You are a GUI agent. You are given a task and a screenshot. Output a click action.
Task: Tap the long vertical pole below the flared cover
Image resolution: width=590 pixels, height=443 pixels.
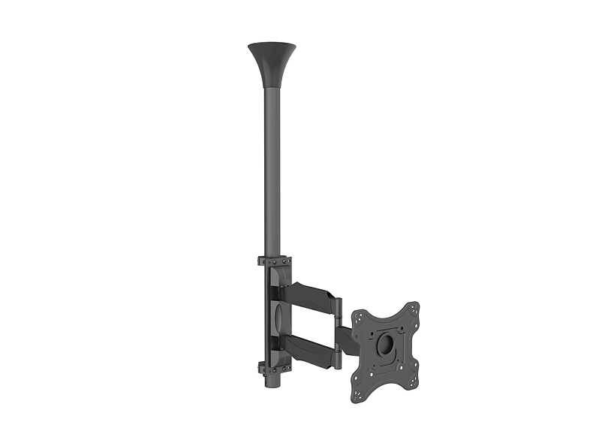pyautogui.click(x=272, y=173)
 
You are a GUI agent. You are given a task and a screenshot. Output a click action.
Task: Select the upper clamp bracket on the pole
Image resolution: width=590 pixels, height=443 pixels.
pyautogui.click(x=274, y=261)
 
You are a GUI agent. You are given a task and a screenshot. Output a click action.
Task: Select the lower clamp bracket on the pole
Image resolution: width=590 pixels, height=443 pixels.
pyautogui.click(x=274, y=367)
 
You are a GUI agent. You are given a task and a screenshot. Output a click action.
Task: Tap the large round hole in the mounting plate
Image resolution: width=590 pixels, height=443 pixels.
pyautogui.click(x=384, y=345)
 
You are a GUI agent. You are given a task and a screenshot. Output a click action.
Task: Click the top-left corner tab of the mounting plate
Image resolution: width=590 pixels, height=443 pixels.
pyautogui.click(x=357, y=315)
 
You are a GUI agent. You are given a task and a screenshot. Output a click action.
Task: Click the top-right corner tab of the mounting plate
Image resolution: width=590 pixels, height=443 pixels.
pyautogui.click(x=412, y=308)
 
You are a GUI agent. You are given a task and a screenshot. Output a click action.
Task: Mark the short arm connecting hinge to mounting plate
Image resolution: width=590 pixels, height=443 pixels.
pyautogui.click(x=348, y=339)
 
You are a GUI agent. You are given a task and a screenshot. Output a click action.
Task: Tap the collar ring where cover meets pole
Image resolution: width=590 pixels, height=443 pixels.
pyautogui.click(x=272, y=87)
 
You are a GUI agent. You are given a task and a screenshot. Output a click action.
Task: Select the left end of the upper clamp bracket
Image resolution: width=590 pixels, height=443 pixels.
pyautogui.click(x=260, y=261)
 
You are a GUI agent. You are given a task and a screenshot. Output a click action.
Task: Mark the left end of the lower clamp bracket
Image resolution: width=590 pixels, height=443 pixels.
pyautogui.click(x=260, y=368)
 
